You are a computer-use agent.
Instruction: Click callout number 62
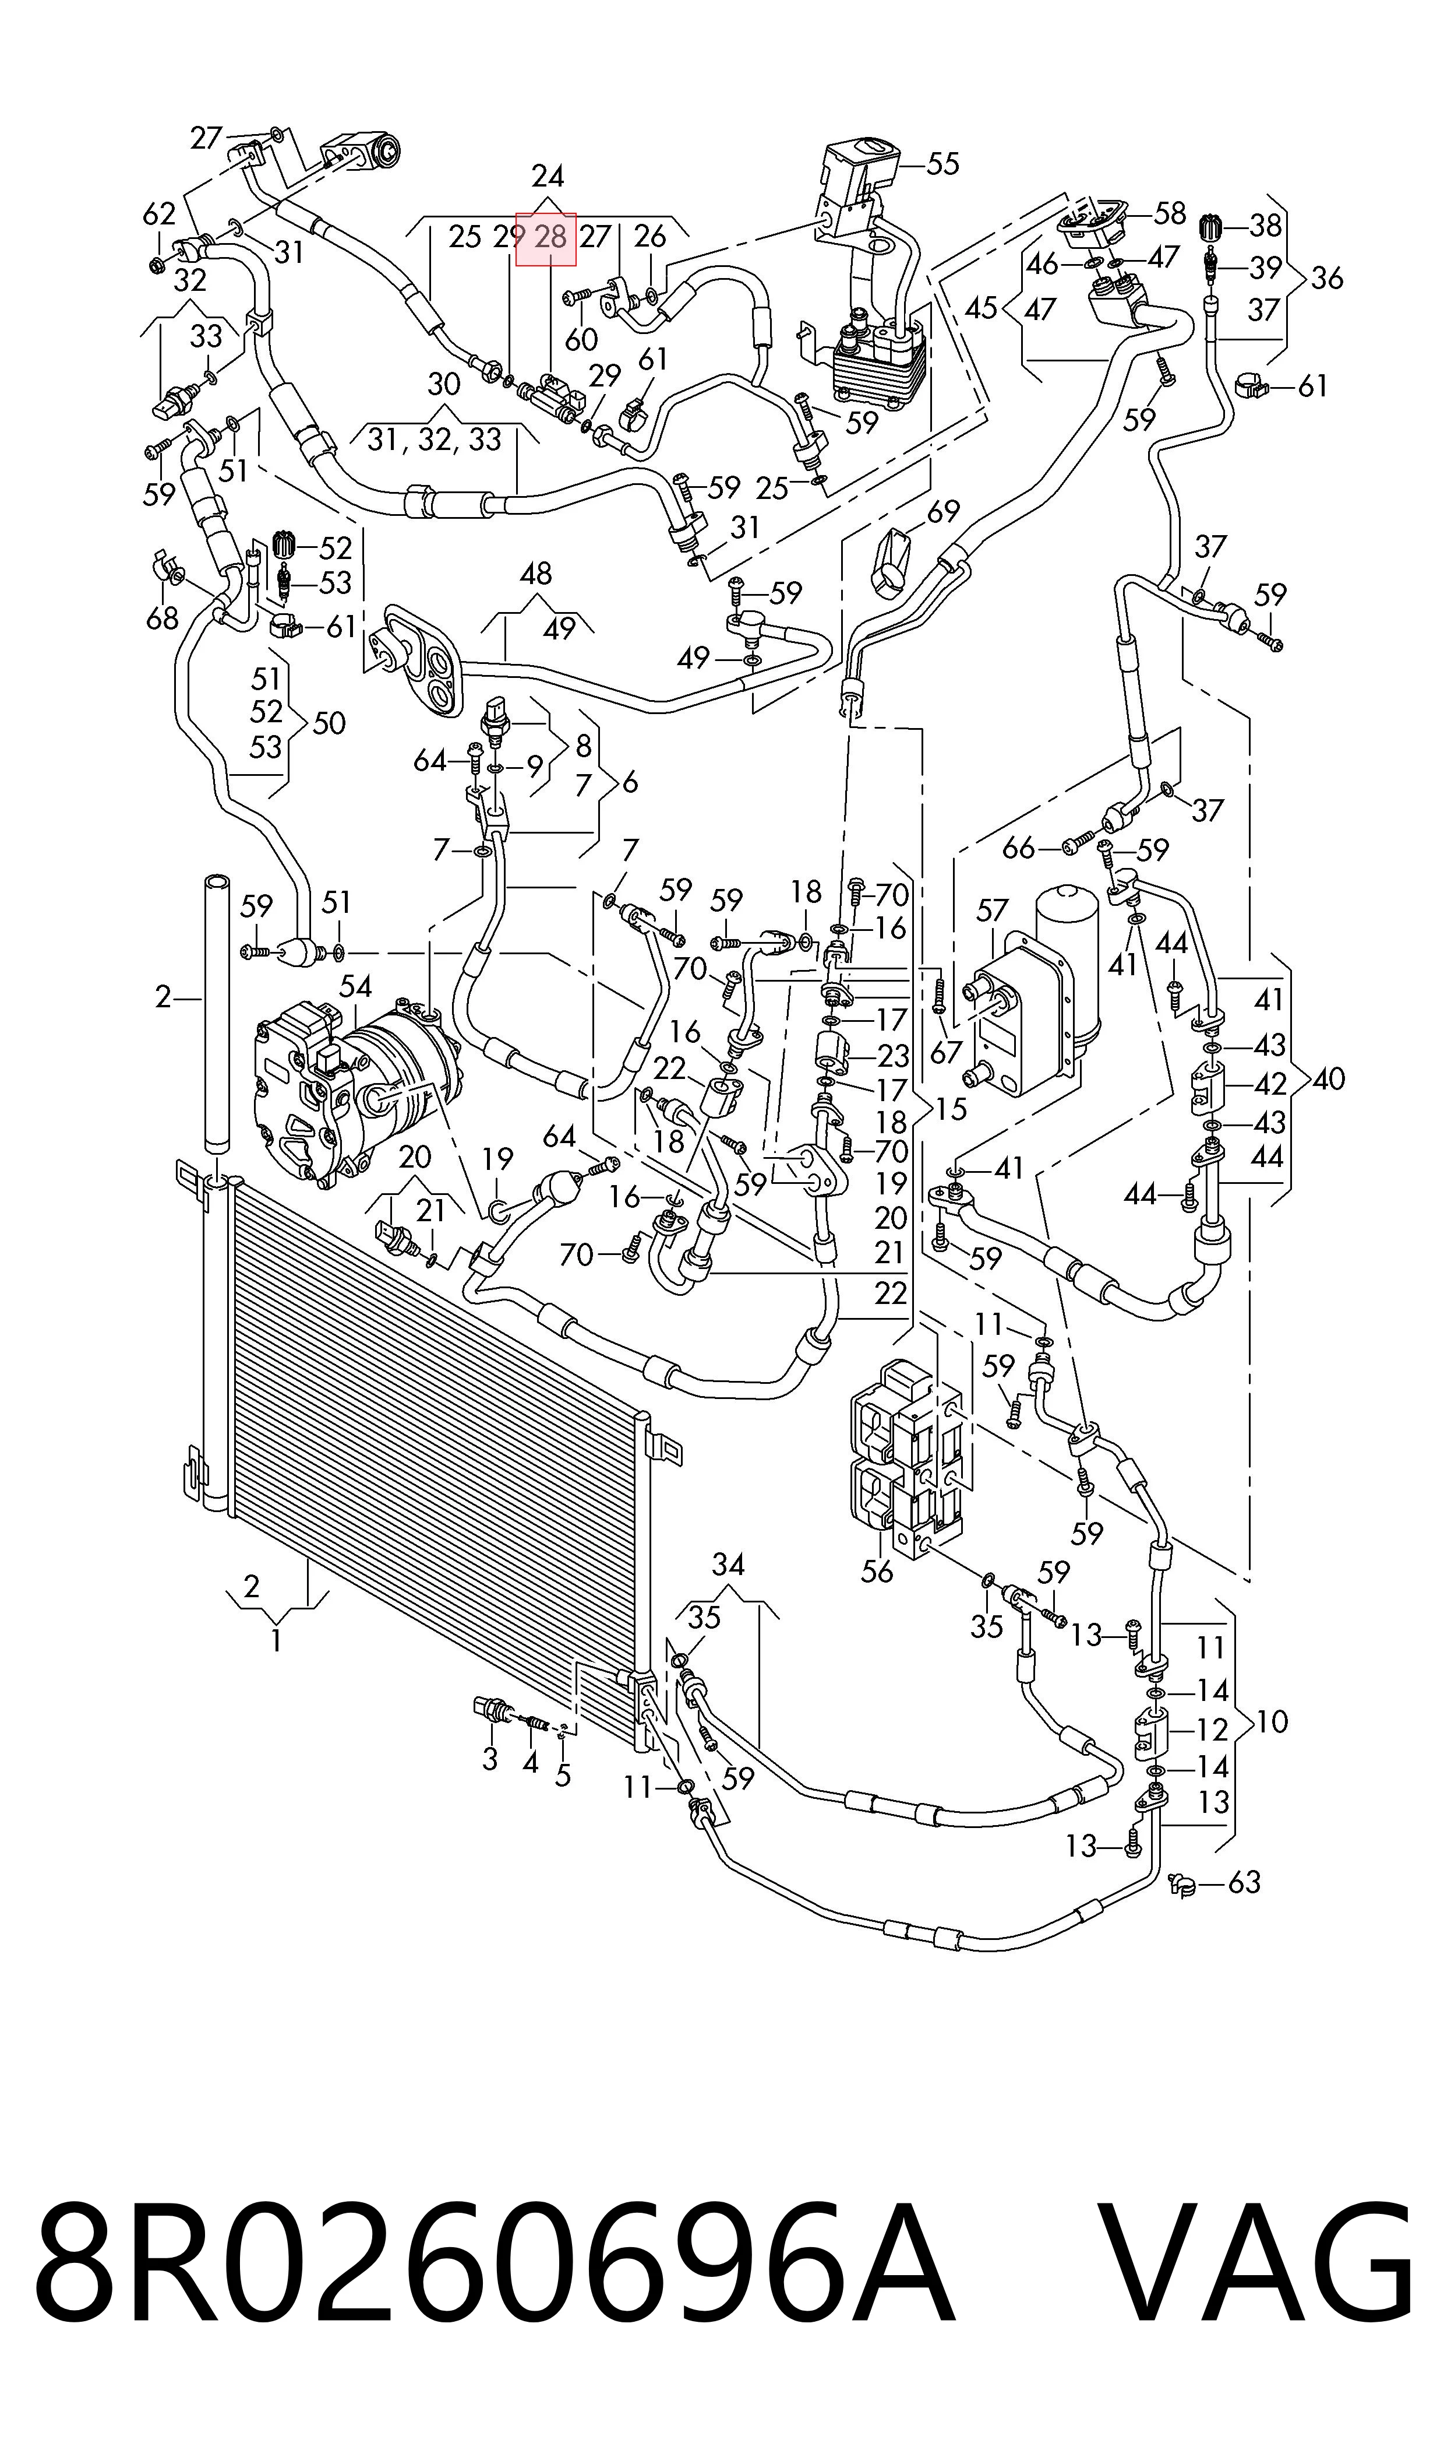pyautogui.click(x=160, y=213)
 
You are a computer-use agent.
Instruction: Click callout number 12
pyautogui.click(x=1212, y=1730)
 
